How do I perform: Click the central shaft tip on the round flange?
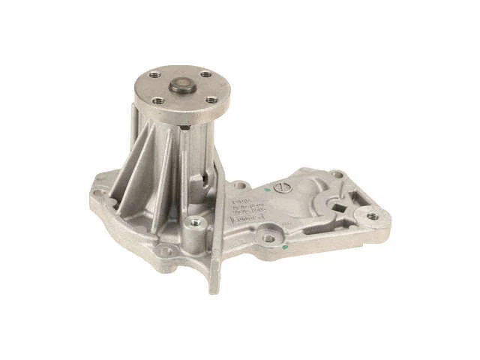[182, 85]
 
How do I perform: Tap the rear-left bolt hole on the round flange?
[155, 75]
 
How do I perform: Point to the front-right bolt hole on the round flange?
[211, 98]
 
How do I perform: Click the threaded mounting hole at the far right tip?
[372, 216]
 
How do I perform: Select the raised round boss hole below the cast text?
[267, 238]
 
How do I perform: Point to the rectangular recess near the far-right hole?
[355, 199]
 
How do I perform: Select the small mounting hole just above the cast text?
[240, 184]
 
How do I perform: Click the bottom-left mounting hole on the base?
[166, 250]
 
